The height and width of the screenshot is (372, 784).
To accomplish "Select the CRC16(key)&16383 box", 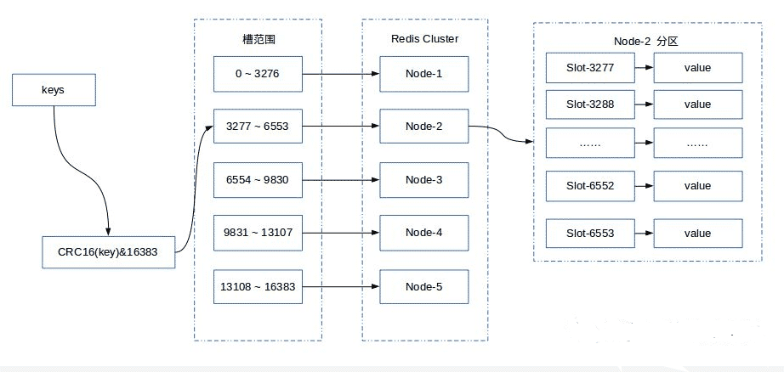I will [109, 252].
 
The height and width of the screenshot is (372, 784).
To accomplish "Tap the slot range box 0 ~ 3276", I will [258, 74].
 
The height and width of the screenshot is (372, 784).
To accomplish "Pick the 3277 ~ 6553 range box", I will [258, 127].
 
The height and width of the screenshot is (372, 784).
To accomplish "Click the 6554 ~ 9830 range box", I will [258, 179].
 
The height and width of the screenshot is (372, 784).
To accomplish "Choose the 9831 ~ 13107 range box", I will [258, 232].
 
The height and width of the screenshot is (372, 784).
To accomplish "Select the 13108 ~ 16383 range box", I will [258, 286].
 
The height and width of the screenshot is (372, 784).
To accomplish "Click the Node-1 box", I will [423, 74].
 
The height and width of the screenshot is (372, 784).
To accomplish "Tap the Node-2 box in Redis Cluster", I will [423, 127].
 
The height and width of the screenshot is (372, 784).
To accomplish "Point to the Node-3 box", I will [423, 179].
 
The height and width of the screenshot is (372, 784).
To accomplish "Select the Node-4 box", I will [423, 232].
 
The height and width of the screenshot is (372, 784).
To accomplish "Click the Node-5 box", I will [423, 286].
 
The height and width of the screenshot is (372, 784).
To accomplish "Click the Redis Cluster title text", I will [424, 39].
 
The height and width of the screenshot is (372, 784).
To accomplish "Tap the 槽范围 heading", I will [258, 39].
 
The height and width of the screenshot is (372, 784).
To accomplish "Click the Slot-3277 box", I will [590, 67].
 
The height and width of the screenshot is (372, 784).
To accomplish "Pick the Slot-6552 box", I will [590, 185].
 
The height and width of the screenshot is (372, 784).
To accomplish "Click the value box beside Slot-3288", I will [697, 104].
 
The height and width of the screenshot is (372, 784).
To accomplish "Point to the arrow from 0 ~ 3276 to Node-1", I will [340, 74].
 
